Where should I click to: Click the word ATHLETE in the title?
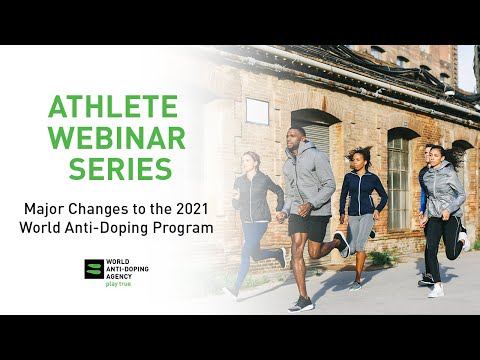(112, 107)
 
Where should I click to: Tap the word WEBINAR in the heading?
(112, 138)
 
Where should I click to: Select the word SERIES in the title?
(112, 169)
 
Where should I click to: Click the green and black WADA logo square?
(94, 268)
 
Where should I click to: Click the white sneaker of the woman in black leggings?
(435, 291)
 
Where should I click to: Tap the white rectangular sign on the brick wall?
(257, 111)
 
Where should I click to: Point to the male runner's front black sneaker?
(300, 303)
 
